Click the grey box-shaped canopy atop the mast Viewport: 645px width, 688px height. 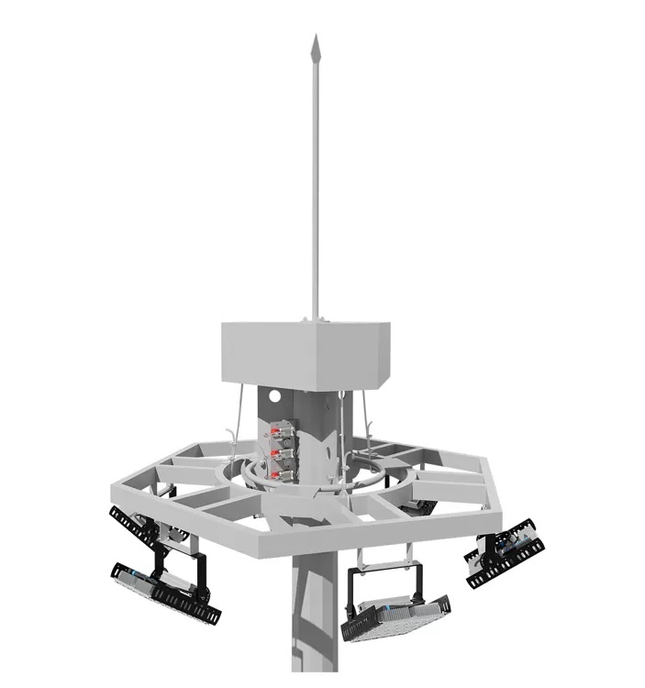point(304,353)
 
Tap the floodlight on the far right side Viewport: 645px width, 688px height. point(502,549)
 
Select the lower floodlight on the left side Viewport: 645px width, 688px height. point(165,593)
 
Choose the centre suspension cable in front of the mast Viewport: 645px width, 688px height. point(347,431)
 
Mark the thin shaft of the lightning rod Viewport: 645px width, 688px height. point(315,183)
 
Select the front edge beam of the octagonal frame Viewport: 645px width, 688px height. point(275,549)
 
